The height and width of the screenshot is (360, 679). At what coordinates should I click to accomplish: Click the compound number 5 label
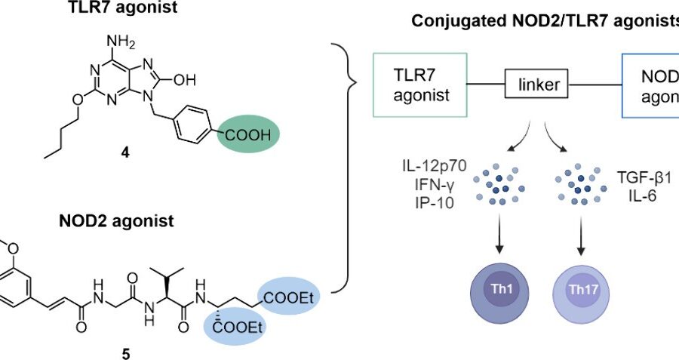(126, 350)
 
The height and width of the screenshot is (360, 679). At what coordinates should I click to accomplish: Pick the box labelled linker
(540, 85)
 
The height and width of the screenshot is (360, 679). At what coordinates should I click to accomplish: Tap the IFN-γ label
(432, 184)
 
